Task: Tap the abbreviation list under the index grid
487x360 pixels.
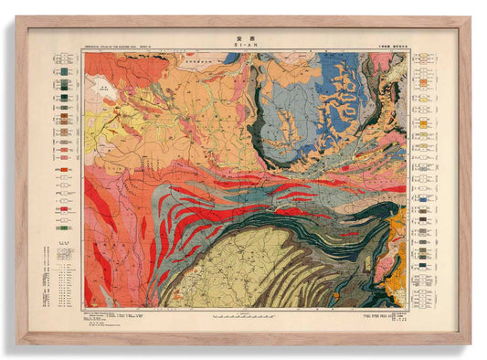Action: point(64,274)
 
